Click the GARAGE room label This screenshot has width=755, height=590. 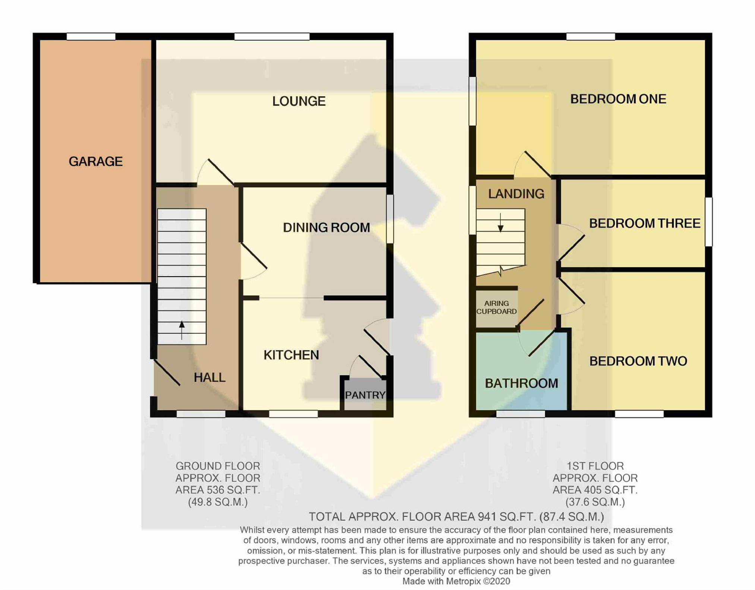pyautogui.click(x=95, y=161)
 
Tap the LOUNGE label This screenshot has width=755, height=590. pyautogui.click(x=299, y=101)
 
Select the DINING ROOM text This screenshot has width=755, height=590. pyautogui.click(x=326, y=227)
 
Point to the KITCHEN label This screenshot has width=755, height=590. pyautogui.click(x=291, y=355)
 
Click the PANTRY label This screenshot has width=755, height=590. pyautogui.click(x=365, y=395)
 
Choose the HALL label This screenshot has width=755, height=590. pyautogui.click(x=210, y=377)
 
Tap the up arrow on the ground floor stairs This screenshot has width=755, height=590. pyautogui.click(x=182, y=330)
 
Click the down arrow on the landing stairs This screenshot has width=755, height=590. pyautogui.click(x=500, y=222)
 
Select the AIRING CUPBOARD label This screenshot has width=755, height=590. pyautogui.click(x=497, y=307)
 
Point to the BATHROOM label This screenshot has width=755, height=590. pyautogui.click(x=521, y=383)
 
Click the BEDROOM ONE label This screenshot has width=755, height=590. pyautogui.click(x=618, y=99)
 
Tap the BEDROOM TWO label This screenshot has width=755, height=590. pyautogui.click(x=638, y=361)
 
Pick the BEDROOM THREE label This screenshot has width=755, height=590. pyautogui.click(x=645, y=223)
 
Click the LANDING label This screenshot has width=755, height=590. pyautogui.click(x=516, y=194)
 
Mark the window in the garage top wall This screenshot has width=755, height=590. pyautogui.click(x=91, y=37)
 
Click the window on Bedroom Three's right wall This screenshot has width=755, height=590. pyautogui.click(x=708, y=222)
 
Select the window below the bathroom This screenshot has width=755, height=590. pyautogui.click(x=520, y=414)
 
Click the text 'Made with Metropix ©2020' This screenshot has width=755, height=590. pyautogui.click(x=456, y=581)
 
